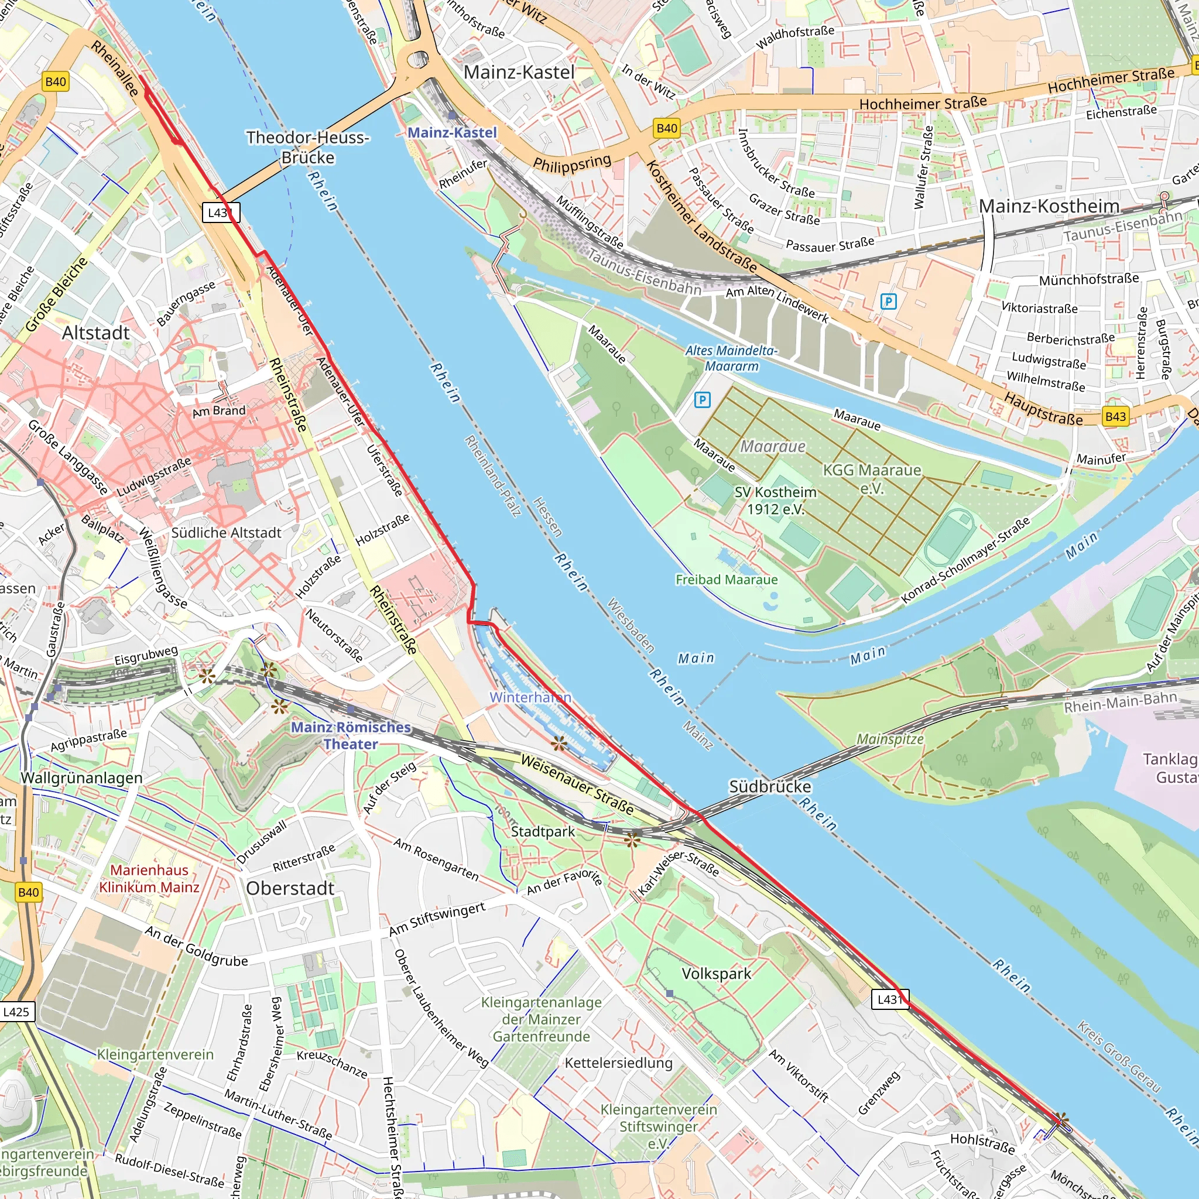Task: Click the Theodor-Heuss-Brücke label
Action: [308, 147]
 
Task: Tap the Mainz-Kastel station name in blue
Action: [453, 132]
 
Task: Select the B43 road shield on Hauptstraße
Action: [1115, 416]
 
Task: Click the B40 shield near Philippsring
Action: [666, 128]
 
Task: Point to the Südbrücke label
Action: [769, 786]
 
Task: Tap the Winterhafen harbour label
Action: [530, 697]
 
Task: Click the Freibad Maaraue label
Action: [726, 580]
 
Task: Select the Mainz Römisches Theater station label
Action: [351, 735]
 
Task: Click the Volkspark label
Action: [716, 974]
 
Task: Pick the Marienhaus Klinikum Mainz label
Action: [149, 878]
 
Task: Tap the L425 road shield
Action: [16, 1012]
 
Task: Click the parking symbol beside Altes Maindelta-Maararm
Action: [702, 400]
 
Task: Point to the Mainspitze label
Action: [890, 739]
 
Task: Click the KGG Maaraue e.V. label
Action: [872, 478]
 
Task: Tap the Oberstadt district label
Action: [290, 888]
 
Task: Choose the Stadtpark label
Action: [542, 831]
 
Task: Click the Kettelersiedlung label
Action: [618, 1063]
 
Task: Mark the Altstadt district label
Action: [95, 333]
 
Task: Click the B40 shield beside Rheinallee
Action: [55, 81]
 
